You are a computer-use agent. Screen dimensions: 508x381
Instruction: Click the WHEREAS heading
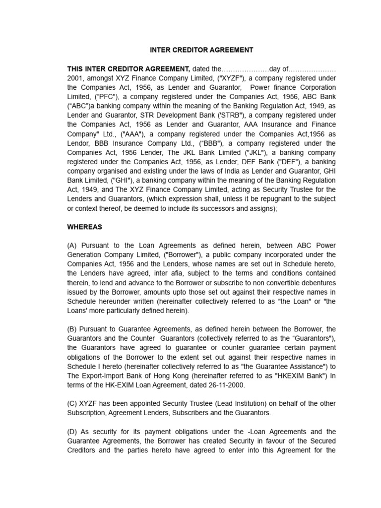click(x=84, y=227)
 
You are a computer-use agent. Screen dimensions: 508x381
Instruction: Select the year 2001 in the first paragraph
click(x=75, y=78)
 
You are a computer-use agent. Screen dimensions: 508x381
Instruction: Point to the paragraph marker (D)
click(x=73, y=431)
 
